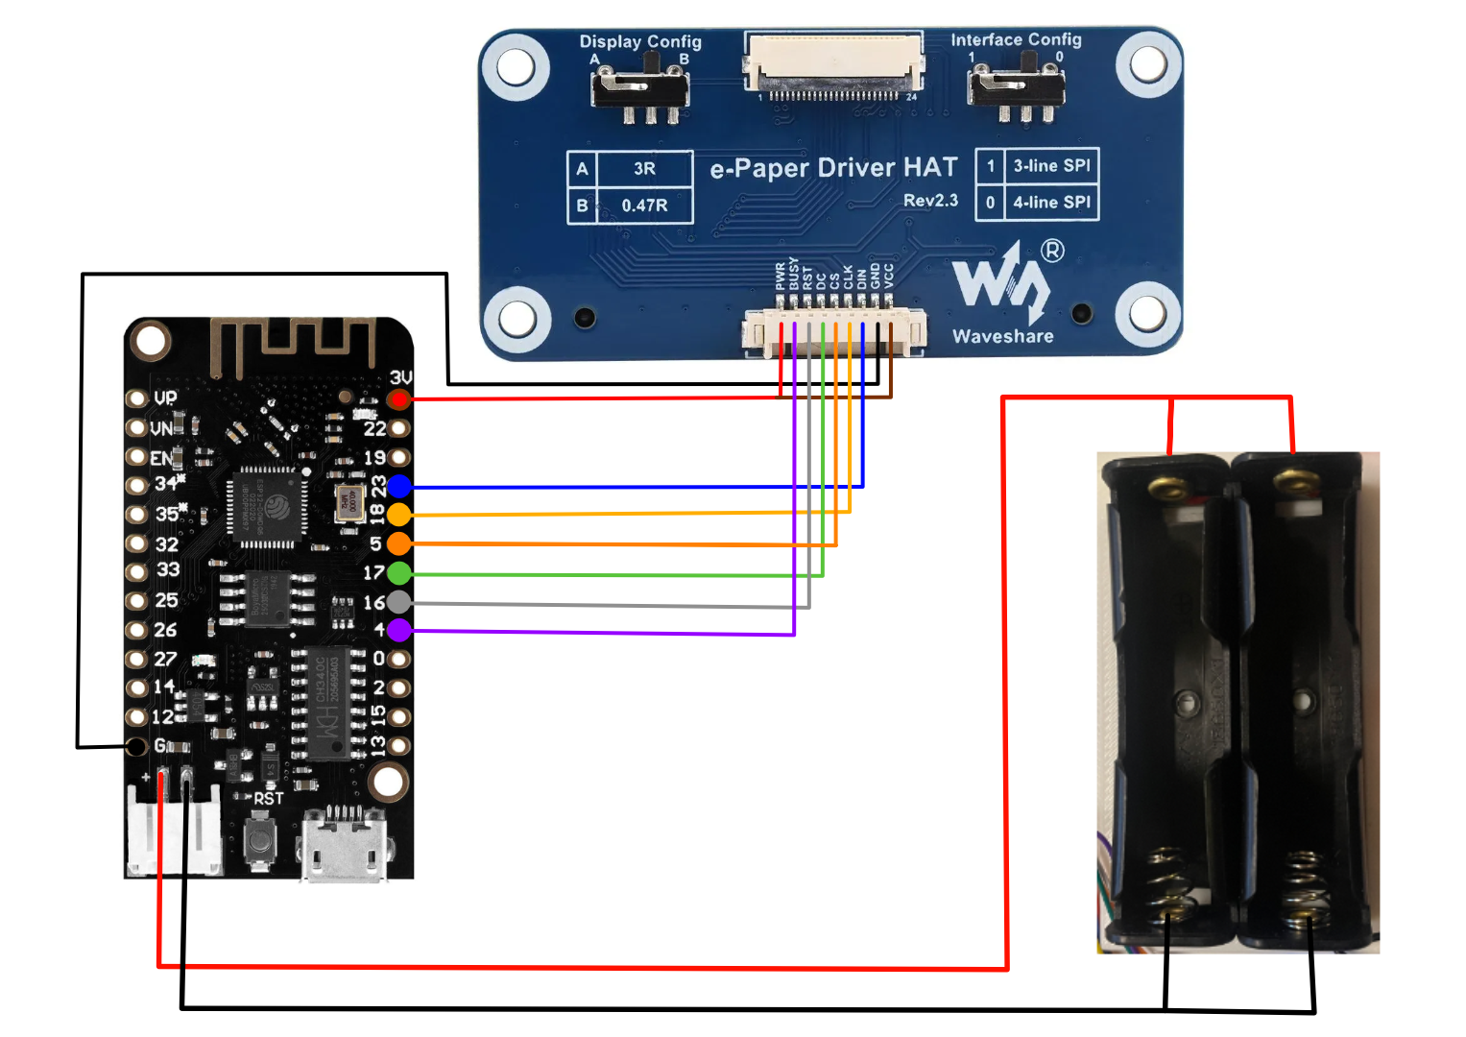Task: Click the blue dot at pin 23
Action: [x=399, y=486]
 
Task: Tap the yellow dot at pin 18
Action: [x=399, y=515]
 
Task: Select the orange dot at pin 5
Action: [x=399, y=543]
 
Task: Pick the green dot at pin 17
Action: [x=399, y=573]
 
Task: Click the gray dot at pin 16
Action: [x=399, y=602]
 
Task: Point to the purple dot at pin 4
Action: [x=399, y=630]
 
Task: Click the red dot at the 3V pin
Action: [x=398, y=398]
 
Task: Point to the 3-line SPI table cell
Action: [x=1051, y=165]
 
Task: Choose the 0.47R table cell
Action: [x=644, y=205]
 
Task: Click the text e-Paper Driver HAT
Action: [x=833, y=169]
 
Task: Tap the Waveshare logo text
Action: [x=1002, y=336]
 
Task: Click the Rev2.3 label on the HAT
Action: [x=930, y=201]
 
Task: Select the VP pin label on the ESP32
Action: [x=165, y=398]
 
